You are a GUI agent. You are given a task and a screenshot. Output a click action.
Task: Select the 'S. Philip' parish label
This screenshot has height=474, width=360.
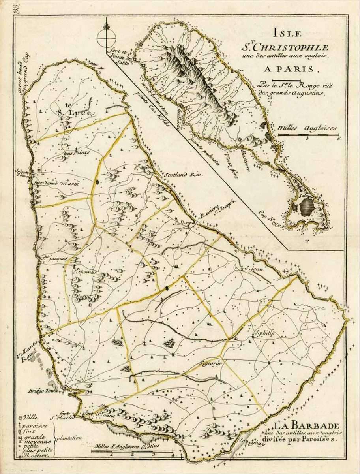pyautogui.click(x=264, y=333)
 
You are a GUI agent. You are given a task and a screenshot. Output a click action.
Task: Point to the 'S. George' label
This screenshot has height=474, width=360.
pyautogui.click(x=211, y=363)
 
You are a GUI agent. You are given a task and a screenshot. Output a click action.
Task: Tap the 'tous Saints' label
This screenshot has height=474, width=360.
pyautogui.click(x=77, y=152)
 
